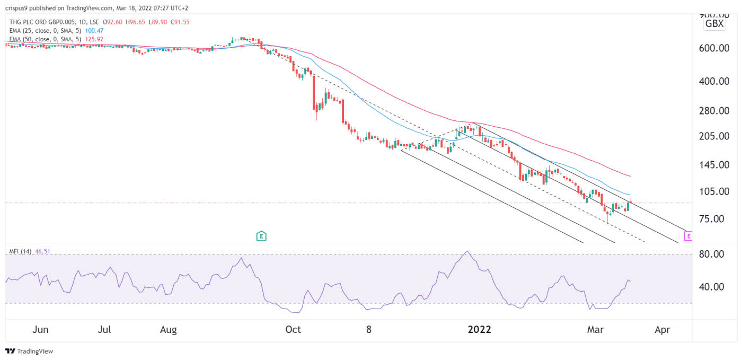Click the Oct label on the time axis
point(293,330)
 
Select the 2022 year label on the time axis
point(480,330)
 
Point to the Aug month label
point(168,330)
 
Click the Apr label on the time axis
point(662,330)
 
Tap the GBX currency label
point(714,24)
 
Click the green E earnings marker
point(261,236)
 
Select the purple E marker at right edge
point(688,236)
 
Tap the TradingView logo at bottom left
point(29,351)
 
